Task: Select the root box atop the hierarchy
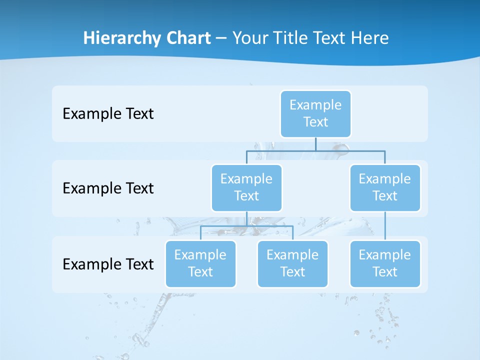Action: click(x=315, y=113)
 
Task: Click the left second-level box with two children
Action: click(x=246, y=187)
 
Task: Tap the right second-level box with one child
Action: click(x=385, y=187)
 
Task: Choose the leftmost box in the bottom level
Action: click(x=200, y=263)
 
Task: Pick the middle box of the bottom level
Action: click(x=292, y=263)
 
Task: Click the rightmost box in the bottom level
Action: click(x=385, y=263)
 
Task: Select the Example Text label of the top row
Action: click(x=108, y=114)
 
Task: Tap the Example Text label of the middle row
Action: click(x=108, y=188)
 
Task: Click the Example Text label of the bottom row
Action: click(x=108, y=264)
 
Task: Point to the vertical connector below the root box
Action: click(x=315, y=144)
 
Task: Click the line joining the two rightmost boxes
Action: click(x=385, y=226)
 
